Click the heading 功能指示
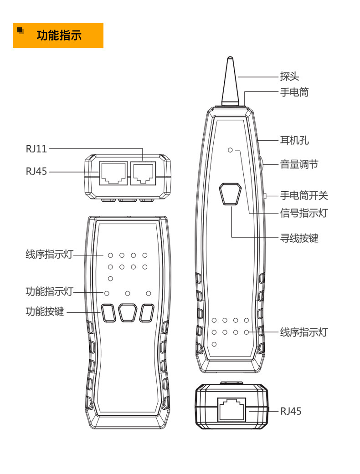pos(59,35)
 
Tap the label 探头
pos(289,76)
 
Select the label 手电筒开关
pos(303,196)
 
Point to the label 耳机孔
pos(294,140)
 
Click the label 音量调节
pos(299,164)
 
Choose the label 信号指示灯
pos(303,213)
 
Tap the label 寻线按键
pos(299,238)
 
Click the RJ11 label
pos(36,148)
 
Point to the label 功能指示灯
pos(49,291)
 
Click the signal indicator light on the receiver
pos(231,150)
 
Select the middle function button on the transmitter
pos(128,313)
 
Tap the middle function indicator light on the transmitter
pos(128,293)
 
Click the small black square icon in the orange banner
pos(20,31)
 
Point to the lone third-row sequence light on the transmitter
pos(110,278)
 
